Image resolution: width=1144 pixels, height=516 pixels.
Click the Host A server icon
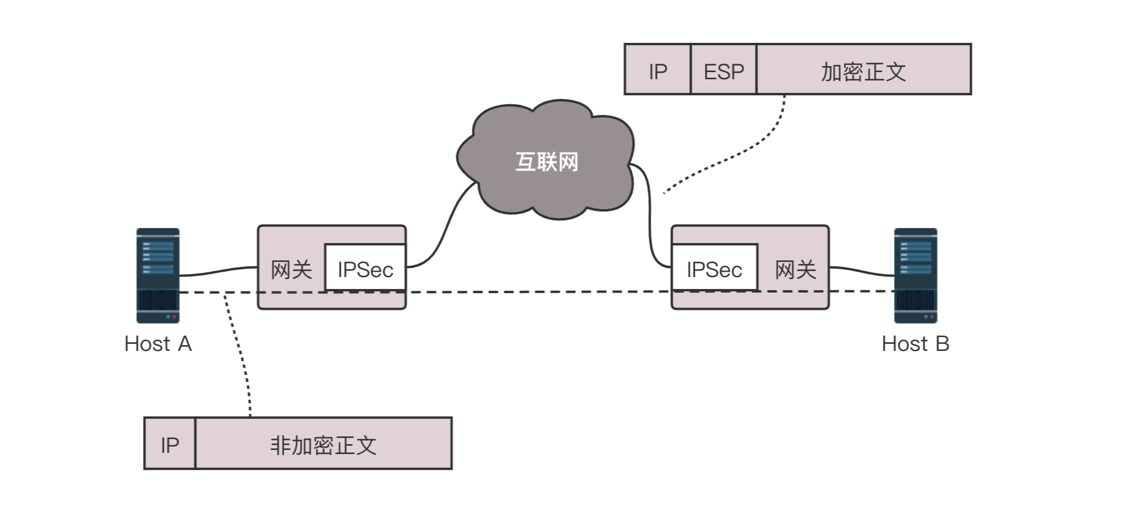(158, 275)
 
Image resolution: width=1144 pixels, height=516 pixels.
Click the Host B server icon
(915, 275)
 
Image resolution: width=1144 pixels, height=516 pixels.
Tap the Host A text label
(158, 344)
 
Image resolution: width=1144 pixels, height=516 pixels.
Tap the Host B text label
(915, 344)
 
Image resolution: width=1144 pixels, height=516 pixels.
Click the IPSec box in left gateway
(365, 269)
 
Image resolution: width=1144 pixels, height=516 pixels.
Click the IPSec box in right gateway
(714, 269)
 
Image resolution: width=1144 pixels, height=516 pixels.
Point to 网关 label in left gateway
(291, 270)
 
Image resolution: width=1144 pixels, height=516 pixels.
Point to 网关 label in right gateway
(795, 270)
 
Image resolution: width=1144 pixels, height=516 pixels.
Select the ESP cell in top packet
(723, 71)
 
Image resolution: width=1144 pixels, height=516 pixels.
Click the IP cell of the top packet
(658, 71)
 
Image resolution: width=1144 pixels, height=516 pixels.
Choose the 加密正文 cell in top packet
(863, 71)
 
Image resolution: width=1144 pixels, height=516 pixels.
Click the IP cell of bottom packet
(170, 444)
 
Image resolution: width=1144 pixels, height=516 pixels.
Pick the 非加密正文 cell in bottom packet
(323, 444)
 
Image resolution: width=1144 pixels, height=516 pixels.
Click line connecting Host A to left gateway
(217, 271)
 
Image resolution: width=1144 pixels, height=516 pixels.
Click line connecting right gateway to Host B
(862, 271)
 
